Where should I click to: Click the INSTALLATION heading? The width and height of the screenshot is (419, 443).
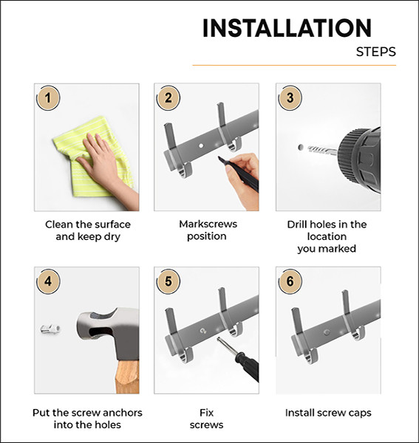click(287, 28)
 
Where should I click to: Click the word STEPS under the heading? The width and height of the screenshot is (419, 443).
click(375, 52)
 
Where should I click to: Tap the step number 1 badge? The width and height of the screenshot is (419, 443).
click(49, 97)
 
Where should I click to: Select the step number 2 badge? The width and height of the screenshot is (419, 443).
click(168, 97)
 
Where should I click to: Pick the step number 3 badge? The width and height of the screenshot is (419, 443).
click(290, 97)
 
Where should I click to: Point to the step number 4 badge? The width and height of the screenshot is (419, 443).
click(49, 281)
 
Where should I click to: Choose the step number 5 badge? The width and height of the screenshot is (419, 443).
click(168, 281)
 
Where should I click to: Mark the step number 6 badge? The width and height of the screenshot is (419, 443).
click(290, 281)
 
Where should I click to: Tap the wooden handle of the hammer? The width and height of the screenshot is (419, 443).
click(127, 377)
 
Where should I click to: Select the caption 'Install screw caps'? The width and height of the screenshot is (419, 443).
click(328, 413)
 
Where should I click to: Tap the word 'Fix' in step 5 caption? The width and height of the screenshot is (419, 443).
click(206, 413)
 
